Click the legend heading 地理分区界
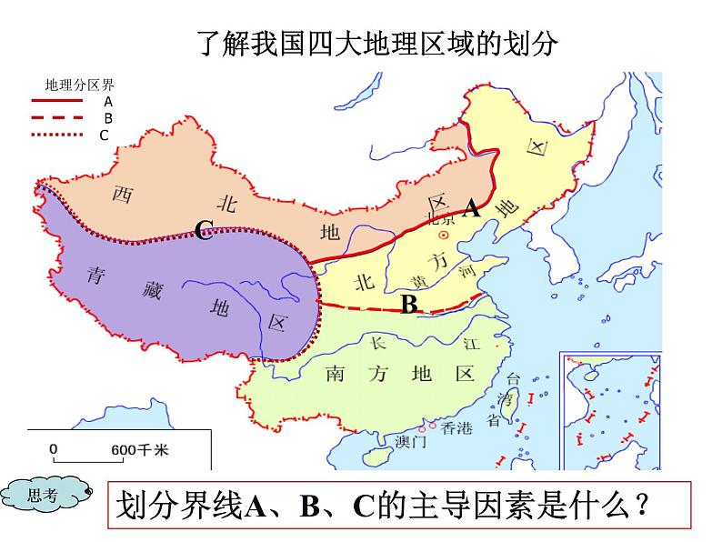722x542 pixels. [80, 86]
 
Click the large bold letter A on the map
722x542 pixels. [471, 209]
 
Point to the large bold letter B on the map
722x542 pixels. [409, 306]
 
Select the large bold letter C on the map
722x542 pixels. [204, 233]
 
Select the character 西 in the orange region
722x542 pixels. [122, 194]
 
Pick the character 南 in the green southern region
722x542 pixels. [337, 374]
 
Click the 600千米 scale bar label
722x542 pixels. [139, 449]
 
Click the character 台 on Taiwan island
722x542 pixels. [514, 379]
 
